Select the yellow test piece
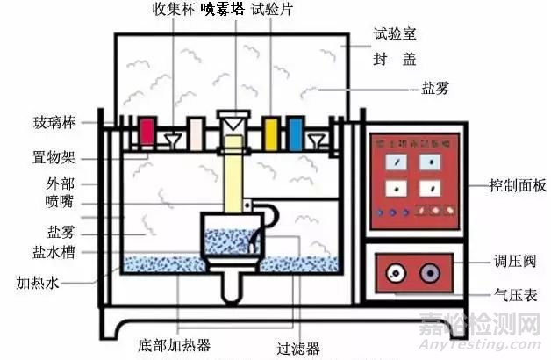click(x=272, y=132)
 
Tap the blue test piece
click(x=295, y=133)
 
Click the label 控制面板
click(x=518, y=186)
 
